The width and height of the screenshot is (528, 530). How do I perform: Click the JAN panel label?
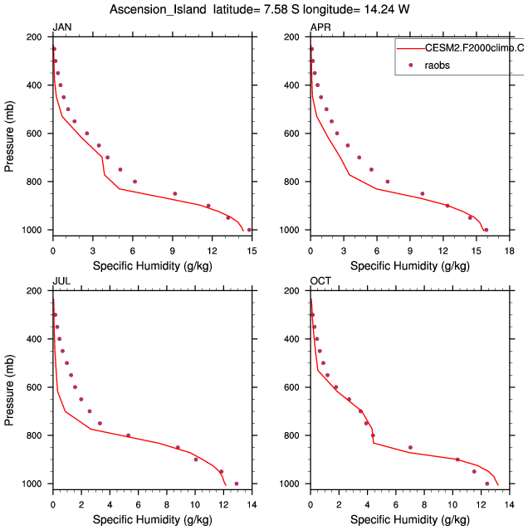pyautogui.click(x=61, y=28)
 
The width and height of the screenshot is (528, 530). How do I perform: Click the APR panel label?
pyautogui.click(x=320, y=28)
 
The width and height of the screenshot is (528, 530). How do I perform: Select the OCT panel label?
pyautogui.click(x=320, y=282)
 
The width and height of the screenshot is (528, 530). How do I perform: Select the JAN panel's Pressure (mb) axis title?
pyautogui.click(x=10, y=134)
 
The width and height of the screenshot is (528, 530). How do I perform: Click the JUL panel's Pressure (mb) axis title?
pyautogui.click(x=10, y=387)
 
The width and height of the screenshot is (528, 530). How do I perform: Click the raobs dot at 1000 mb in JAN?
pyautogui.click(x=249, y=230)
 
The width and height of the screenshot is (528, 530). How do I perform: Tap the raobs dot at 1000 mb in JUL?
pyautogui.click(x=237, y=484)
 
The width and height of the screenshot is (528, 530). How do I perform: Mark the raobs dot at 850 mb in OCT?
pyautogui.click(x=410, y=448)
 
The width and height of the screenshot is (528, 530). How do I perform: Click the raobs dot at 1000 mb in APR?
pyautogui.click(x=486, y=230)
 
